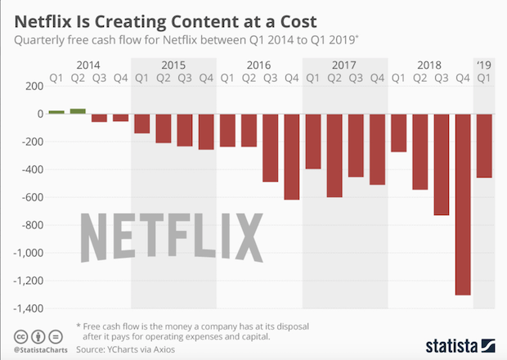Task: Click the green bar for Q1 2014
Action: (x=56, y=112)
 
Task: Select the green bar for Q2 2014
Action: (x=78, y=111)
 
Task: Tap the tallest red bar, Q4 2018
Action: (x=463, y=205)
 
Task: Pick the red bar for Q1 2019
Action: (x=484, y=146)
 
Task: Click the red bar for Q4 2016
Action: (x=291, y=157)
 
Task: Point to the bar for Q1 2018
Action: (x=398, y=133)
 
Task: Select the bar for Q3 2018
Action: (x=442, y=164)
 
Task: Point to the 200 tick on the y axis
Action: (x=33, y=86)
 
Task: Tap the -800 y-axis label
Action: (x=29, y=226)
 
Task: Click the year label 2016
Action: (x=258, y=64)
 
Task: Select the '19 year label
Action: (x=484, y=64)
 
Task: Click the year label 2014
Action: (x=87, y=64)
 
